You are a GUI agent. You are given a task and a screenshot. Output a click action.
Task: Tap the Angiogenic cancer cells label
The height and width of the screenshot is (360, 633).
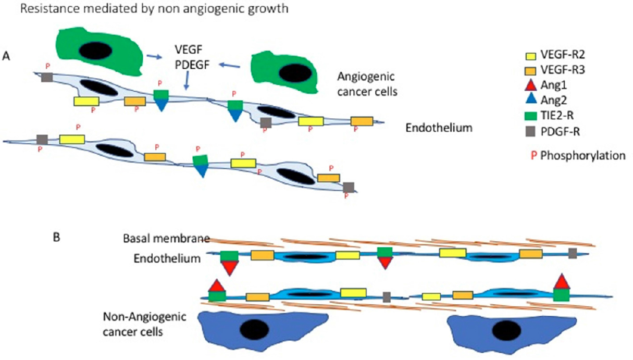[364, 83]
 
